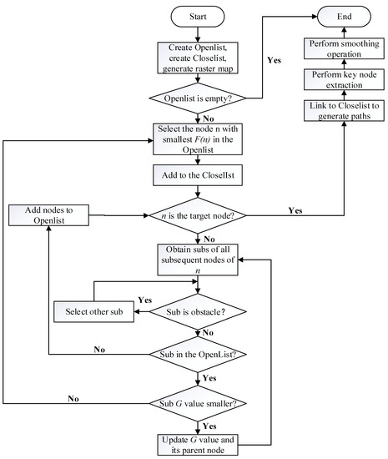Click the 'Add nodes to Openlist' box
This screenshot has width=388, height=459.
pyautogui.click(x=49, y=214)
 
